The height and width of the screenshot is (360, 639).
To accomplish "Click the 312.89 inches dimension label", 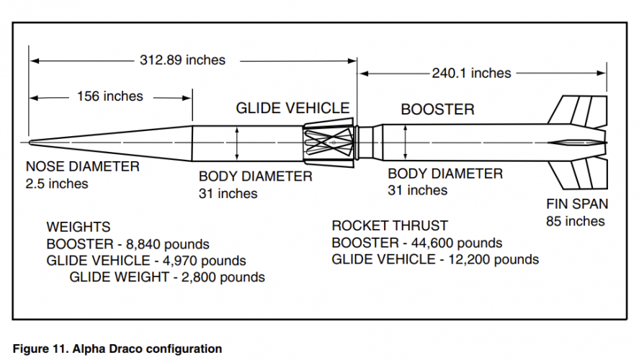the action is coord(182,60).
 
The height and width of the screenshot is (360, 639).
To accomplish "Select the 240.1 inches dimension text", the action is coord(472,73).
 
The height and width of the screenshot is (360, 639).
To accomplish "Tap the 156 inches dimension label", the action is coord(110,96).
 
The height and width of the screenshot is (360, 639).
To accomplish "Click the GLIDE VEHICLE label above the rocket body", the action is coord(292,108).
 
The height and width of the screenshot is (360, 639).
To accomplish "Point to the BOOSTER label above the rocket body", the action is coord(438,109).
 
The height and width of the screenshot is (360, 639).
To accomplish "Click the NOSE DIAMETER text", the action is coord(83,166).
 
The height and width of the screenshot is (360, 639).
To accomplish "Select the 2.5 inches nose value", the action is coord(57,184).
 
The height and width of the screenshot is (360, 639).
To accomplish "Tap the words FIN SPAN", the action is coord(577,204).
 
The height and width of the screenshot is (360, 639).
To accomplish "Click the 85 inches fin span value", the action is coord(576,221).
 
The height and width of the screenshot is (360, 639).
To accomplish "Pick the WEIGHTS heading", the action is coord(79,227).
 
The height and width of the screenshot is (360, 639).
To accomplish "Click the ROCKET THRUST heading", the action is coord(390,225).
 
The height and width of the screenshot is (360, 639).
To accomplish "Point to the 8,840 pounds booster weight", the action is coord(167,244).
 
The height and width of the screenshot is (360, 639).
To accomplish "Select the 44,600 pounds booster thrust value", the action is coord(457,243).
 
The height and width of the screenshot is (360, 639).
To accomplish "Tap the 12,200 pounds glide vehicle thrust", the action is coord(493,259).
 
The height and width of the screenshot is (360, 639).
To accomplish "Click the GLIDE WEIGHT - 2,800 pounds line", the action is coord(167,277).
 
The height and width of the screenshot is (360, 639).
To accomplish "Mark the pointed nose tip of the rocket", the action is coord(30,143).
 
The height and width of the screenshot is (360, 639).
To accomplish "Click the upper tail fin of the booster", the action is coord(578,110).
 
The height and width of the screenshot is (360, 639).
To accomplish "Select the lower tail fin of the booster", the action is coord(578,175).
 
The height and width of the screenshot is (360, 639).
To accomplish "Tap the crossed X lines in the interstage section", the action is coord(329,143).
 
